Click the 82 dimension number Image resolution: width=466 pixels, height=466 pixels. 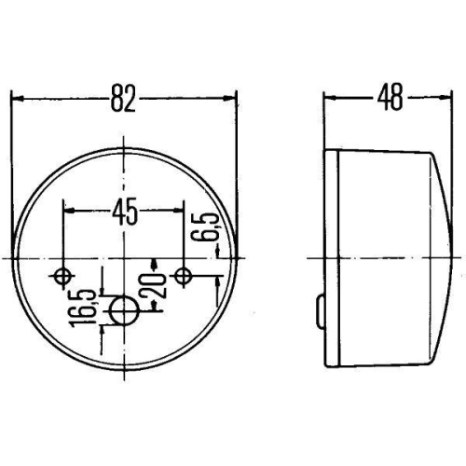point(123,98)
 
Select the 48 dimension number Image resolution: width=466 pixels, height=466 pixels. point(391,97)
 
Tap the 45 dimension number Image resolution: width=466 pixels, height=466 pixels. point(125,212)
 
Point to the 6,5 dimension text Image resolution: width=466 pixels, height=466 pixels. point(205,226)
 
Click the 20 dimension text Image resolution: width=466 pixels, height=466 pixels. point(153,285)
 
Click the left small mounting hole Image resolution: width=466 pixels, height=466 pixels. point(62,276)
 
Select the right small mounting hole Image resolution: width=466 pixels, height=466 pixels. point(184,275)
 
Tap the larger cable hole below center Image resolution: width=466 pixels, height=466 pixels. point(124,310)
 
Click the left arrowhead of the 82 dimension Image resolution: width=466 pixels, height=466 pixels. point(18,99)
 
